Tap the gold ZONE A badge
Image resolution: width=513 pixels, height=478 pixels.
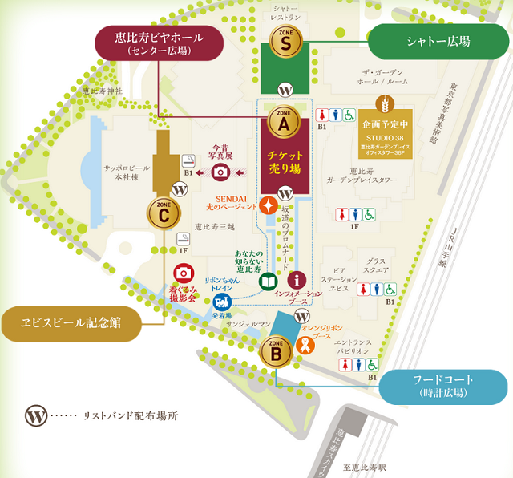pos(284,122)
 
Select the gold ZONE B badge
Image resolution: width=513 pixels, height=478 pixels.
pos(276,350)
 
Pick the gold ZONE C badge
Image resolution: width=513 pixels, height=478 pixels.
pos(164,213)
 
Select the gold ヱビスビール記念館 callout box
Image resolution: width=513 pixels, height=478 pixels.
pos(71,323)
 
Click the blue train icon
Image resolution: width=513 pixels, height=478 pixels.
pos(222,302)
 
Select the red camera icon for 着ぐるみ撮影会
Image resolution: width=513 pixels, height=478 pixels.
pos(184,273)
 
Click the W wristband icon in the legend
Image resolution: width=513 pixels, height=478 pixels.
pos(35,416)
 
